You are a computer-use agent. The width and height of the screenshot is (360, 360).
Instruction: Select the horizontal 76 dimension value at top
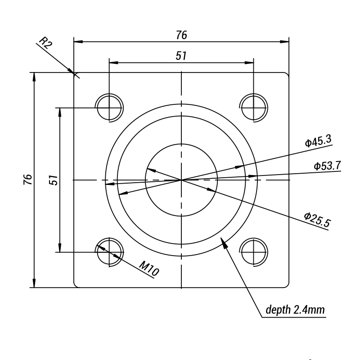181,35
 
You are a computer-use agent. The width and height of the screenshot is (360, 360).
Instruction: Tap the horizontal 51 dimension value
181,55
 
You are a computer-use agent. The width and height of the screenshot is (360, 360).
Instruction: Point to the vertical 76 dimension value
28,180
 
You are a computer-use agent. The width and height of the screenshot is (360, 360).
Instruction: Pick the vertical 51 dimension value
54,180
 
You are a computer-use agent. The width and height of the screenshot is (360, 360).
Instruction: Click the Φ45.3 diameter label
318,142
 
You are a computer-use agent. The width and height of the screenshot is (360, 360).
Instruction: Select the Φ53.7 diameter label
327,166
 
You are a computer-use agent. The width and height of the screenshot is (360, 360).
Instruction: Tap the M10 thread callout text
148,269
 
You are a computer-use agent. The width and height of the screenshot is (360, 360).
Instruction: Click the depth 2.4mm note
295,310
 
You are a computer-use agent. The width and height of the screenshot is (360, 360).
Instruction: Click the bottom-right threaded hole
253,252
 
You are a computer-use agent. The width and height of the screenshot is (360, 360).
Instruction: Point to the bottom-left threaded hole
109,252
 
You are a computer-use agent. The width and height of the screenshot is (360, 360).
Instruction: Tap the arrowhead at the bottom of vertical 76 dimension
34,283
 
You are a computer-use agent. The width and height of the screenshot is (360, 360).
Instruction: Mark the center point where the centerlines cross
181,180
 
